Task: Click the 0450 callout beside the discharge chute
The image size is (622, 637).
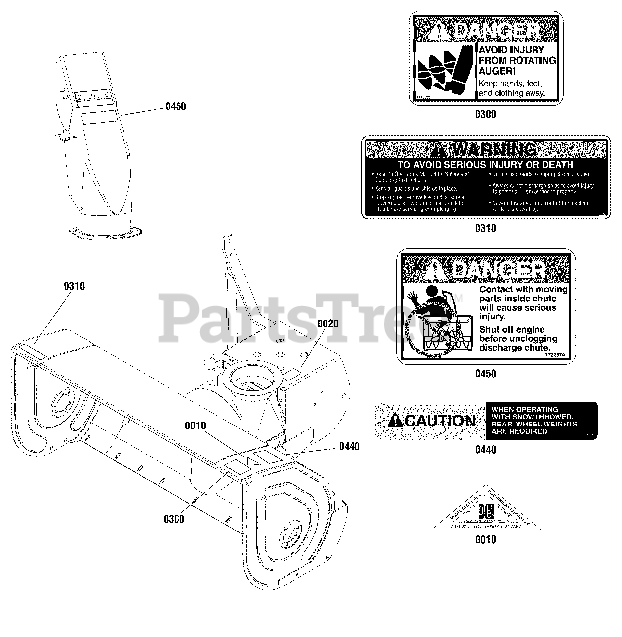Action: [x=176, y=106]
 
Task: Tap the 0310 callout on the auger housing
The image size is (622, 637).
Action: [x=74, y=286]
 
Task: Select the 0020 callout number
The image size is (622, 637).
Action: [x=328, y=324]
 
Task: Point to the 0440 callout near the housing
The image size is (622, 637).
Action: [x=349, y=446]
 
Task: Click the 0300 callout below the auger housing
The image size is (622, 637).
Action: [x=174, y=519]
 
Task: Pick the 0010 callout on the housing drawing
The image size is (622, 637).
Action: [x=195, y=426]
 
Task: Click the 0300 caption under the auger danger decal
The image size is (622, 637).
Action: [x=485, y=115]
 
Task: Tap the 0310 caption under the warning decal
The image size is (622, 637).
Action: [x=485, y=229]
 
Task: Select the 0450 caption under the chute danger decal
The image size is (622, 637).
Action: [x=485, y=374]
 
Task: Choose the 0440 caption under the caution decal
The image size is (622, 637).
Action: [x=485, y=450]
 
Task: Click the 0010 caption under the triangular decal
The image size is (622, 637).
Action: [x=485, y=540]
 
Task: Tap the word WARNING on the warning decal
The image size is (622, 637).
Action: [x=492, y=150]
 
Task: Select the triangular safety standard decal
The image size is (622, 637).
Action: [x=485, y=513]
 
